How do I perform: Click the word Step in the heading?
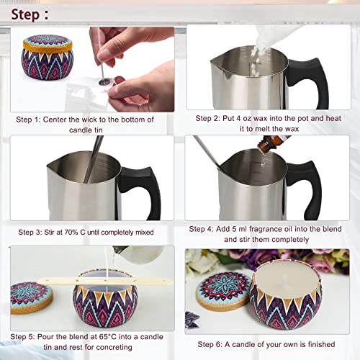point(22,14)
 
